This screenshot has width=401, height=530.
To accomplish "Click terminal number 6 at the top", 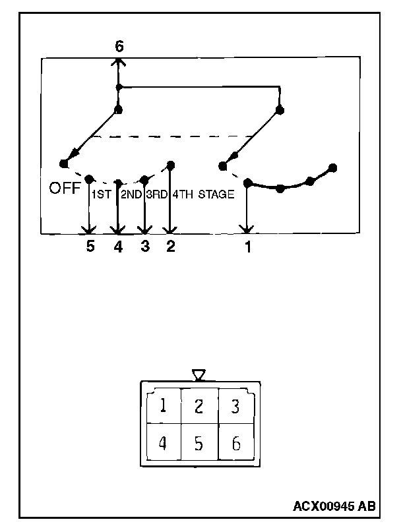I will tap(119, 46).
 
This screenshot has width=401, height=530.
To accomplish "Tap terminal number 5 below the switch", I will tap(90, 247).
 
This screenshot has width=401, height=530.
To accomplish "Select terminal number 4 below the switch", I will tap(118, 247).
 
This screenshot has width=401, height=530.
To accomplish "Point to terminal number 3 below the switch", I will tap(144, 247).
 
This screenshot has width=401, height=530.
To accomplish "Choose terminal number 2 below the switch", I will tap(170, 247).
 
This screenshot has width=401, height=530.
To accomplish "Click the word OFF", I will tap(65, 189).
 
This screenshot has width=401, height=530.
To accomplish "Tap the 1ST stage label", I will tap(101, 194).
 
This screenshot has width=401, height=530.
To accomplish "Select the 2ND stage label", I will tap(131, 194).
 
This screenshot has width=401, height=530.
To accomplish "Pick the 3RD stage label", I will tap(157, 194).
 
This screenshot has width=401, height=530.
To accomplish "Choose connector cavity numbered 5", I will tap(199, 442).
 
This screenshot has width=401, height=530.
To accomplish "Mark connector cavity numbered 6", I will tap(235, 442).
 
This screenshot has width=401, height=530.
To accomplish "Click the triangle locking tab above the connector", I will tap(199, 375).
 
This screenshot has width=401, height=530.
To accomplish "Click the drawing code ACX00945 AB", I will tap(334, 506).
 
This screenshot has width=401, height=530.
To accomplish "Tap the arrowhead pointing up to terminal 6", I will tap(119, 61).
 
